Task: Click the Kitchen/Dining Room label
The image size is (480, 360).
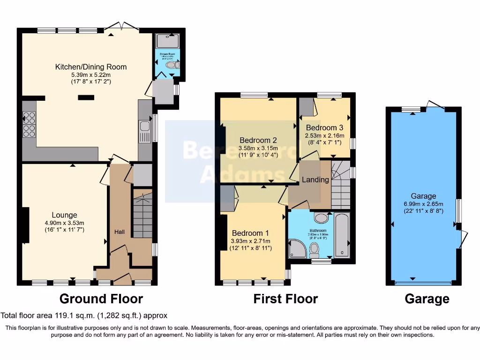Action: tap(91, 67)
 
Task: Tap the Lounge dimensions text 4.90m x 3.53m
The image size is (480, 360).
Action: tap(65, 223)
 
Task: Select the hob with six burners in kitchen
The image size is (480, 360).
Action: tap(29, 124)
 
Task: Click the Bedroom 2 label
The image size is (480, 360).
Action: tap(258, 140)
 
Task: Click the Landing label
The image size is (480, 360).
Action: tap(315, 180)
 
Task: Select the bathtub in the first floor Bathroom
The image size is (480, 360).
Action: tap(343, 234)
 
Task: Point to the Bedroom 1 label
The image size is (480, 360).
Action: tap(250, 233)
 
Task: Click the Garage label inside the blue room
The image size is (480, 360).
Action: tap(423, 196)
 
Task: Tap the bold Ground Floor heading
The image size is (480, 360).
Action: tap(101, 299)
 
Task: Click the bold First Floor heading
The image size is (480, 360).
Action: tap(285, 299)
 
